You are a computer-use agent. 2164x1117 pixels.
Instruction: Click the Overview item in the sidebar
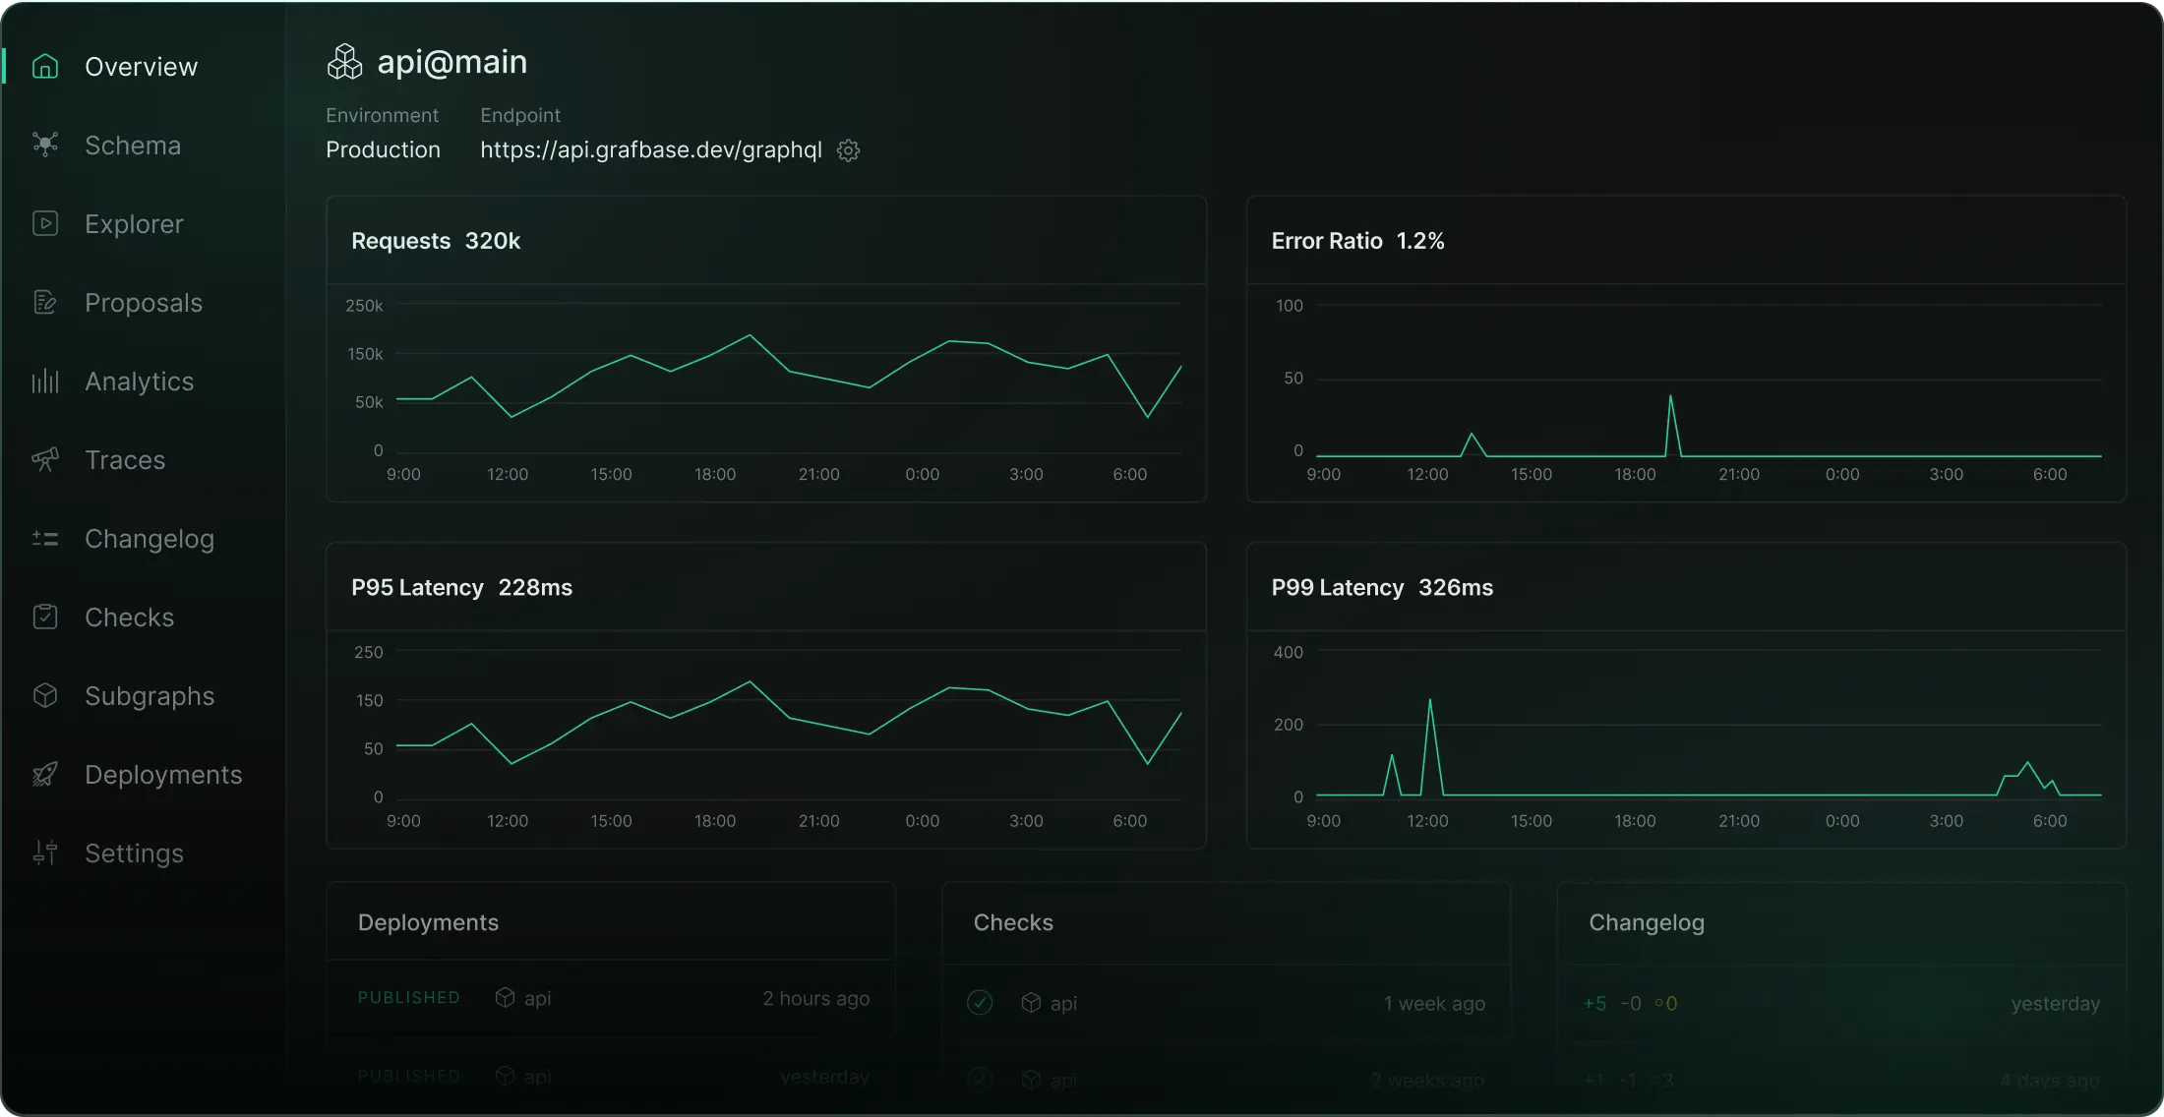click(x=141, y=67)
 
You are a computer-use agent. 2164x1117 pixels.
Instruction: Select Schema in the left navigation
click(x=133, y=146)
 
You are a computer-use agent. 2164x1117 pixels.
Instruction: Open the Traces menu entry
click(x=125, y=460)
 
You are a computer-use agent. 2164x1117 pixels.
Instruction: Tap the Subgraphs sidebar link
click(x=150, y=696)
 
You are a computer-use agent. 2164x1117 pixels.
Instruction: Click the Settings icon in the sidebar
click(x=45, y=852)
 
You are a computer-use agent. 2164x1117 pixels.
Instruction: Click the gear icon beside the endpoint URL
click(x=848, y=150)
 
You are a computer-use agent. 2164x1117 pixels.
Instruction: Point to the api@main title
click(x=451, y=62)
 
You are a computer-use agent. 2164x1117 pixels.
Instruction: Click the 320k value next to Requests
click(x=492, y=241)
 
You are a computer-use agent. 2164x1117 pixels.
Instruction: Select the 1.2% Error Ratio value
click(x=1420, y=241)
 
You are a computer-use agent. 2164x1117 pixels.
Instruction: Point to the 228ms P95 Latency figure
click(x=535, y=588)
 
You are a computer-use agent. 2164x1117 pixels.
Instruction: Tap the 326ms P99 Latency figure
click(x=1456, y=588)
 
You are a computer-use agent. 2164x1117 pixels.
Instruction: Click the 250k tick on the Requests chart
click(x=364, y=306)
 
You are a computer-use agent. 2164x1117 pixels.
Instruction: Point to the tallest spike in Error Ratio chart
click(x=1670, y=397)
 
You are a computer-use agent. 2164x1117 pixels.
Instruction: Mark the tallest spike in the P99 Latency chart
click(x=1429, y=701)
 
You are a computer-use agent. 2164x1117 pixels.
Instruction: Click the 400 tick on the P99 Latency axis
click(x=1288, y=652)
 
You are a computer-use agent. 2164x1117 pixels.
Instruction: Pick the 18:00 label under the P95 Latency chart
click(x=715, y=821)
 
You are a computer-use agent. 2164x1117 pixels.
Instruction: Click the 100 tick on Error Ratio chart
click(x=1289, y=306)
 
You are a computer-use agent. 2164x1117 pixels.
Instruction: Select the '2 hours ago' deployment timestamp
click(x=816, y=999)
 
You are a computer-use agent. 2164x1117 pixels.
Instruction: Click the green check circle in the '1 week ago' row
click(x=980, y=1003)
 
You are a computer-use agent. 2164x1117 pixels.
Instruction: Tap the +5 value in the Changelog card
click(x=1594, y=1004)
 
